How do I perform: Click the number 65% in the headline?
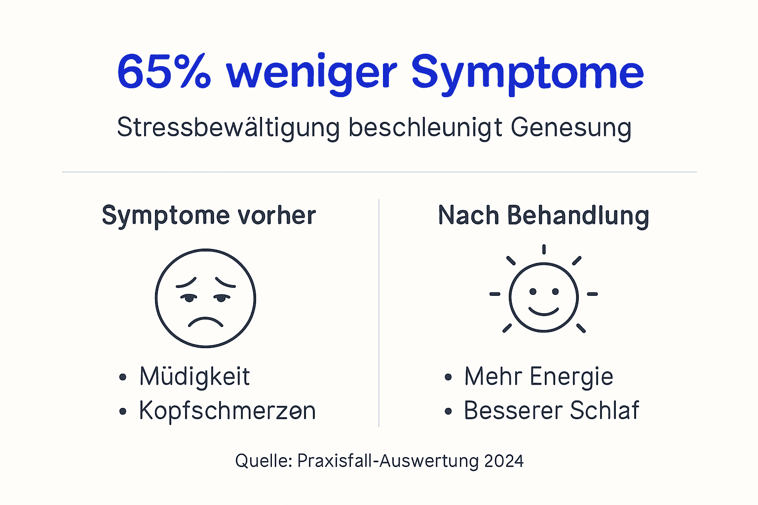click(x=164, y=72)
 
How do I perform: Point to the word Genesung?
click(x=571, y=128)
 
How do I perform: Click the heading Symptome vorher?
click(x=209, y=216)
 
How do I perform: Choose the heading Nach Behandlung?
click(x=543, y=216)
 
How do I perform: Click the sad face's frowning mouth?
click(x=205, y=321)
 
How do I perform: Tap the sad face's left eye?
click(x=189, y=297)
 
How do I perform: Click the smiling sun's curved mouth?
click(x=543, y=311)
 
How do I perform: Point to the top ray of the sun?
click(x=543, y=249)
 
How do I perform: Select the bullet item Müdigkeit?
click(x=194, y=377)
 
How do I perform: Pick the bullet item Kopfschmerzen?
click(x=227, y=411)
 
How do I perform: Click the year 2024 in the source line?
click(x=504, y=461)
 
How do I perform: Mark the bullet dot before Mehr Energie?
click(x=448, y=378)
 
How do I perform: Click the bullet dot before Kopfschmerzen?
click(x=123, y=411)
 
